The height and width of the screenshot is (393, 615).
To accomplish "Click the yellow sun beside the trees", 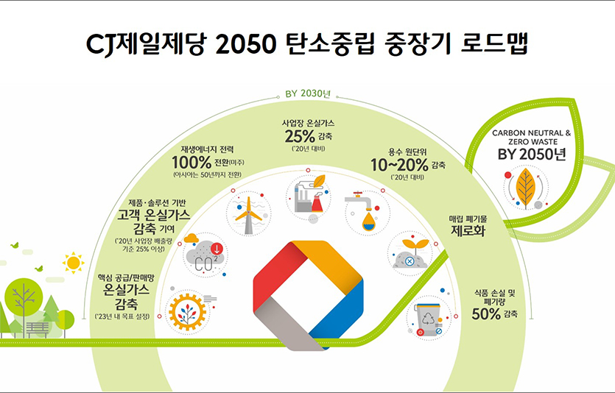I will (x=73, y=262).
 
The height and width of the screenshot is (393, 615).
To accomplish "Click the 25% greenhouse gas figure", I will (x=299, y=136).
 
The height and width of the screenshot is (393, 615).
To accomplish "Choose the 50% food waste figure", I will (x=486, y=313).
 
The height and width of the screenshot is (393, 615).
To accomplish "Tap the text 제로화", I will (x=470, y=232).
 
